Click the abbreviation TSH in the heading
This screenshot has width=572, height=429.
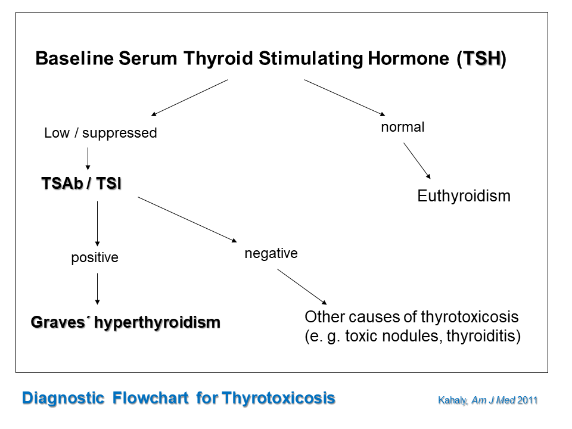point(481,58)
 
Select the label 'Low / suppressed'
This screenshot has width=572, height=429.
point(100,133)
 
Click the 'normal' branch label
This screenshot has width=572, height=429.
point(403,127)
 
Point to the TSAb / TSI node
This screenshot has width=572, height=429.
point(82,183)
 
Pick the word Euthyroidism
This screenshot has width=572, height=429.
point(464,196)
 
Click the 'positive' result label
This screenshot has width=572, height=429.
point(95,257)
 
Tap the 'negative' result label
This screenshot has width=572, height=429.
point(271,253)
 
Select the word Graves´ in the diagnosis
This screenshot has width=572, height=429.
point(60,322)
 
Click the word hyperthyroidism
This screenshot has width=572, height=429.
point(157,322)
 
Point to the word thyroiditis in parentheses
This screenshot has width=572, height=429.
point(480,336)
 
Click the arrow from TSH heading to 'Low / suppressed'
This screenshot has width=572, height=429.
point(189,98)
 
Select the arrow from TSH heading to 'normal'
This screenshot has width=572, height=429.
point(345,98)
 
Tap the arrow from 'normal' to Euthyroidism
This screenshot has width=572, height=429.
point(417,161)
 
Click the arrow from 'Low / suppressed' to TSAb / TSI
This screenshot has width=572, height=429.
point(88,158)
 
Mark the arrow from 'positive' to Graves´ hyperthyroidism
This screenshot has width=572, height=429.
point(97,289)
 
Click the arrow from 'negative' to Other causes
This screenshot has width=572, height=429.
point(302,287)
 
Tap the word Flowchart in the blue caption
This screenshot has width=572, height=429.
point(150,398)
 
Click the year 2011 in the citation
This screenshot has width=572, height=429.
point(527,400)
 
